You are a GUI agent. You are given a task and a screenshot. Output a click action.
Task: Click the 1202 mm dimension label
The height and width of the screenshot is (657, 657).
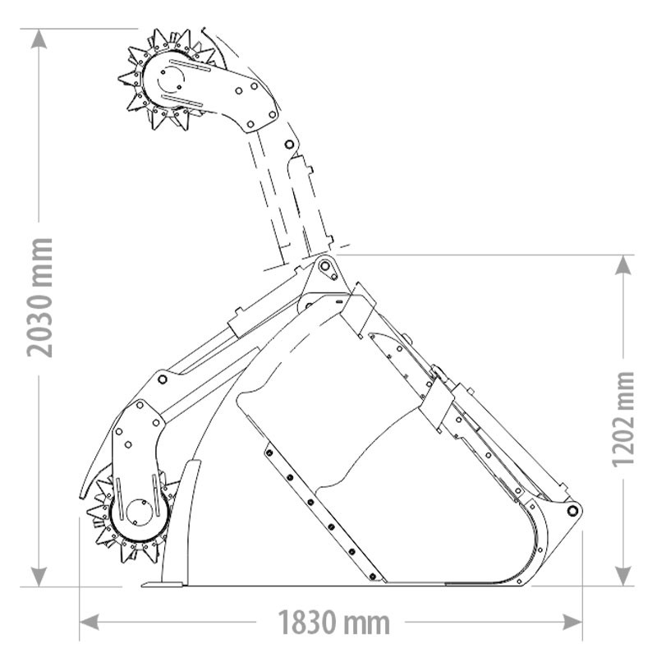point(624,419)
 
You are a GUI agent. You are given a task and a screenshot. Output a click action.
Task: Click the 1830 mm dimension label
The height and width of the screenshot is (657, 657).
point(332,622)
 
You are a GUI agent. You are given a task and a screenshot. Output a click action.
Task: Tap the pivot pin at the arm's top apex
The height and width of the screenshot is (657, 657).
point(325,267)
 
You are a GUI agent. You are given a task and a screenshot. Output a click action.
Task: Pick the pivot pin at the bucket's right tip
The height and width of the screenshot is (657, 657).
point(572,511)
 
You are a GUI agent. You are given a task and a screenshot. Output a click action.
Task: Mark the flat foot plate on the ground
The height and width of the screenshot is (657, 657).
point(162,584)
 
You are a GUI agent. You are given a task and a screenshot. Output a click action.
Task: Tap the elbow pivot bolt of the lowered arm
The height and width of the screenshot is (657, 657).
point(162,379)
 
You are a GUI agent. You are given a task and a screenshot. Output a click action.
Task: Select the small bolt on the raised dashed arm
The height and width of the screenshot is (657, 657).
point(289,144)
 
